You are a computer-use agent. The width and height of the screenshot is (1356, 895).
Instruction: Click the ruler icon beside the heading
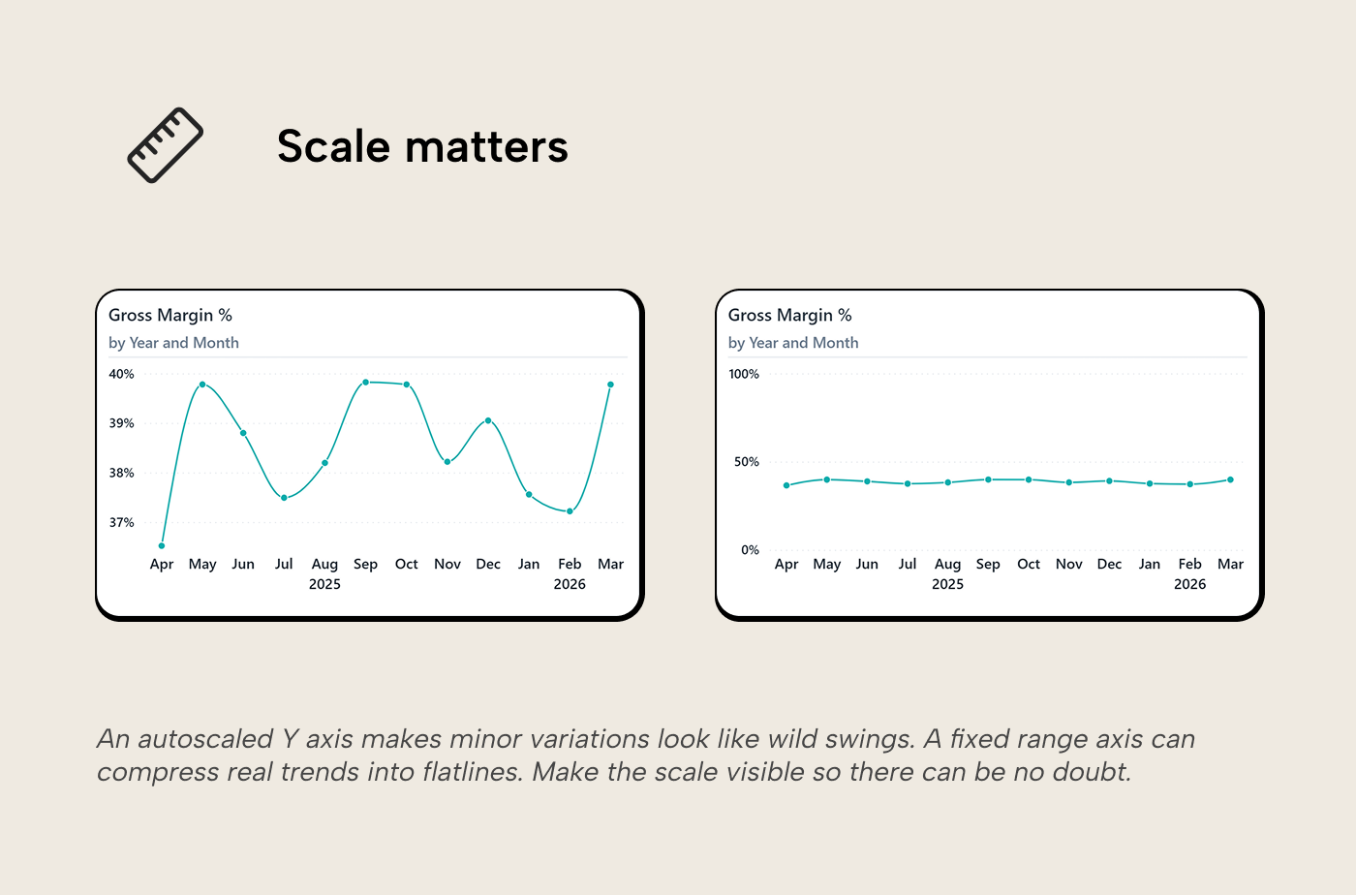(x=166, y=145)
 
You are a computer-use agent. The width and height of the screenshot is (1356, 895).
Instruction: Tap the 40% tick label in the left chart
(x=121, y=374)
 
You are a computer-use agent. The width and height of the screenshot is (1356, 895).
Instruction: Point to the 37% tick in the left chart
(x=121, y=523)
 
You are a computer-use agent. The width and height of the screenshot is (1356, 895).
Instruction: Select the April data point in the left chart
(x=162, y=545)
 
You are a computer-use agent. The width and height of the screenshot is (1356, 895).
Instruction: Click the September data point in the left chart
(x=365, y=382)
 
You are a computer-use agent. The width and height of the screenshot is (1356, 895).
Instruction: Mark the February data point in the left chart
(x=570, y=511)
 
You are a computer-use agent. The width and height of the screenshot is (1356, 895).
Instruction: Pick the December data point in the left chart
(x=488, y=420)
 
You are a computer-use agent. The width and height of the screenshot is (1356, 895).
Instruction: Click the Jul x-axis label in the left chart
(x=284, y=564)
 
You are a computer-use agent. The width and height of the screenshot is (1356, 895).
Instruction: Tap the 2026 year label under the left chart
(x=570, y=584)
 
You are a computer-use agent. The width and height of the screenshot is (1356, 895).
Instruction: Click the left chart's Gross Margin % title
(x=170, y=315)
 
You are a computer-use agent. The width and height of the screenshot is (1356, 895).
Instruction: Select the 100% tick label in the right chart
(x=744, y=374)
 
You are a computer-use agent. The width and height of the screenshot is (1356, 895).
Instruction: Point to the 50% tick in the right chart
(x=747, y=462)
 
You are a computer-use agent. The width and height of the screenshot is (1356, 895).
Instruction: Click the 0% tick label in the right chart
(x=750, y=550)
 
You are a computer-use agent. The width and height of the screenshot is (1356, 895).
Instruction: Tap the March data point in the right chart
(x=1230, y=479)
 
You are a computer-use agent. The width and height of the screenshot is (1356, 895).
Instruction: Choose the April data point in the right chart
(x=786, y=485)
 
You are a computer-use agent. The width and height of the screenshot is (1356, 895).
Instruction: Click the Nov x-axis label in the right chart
(x=1069, y=564)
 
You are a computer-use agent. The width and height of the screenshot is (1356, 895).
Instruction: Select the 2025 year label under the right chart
(x=947, y=584)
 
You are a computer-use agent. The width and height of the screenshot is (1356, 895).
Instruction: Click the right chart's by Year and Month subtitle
(x=793, y=343)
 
